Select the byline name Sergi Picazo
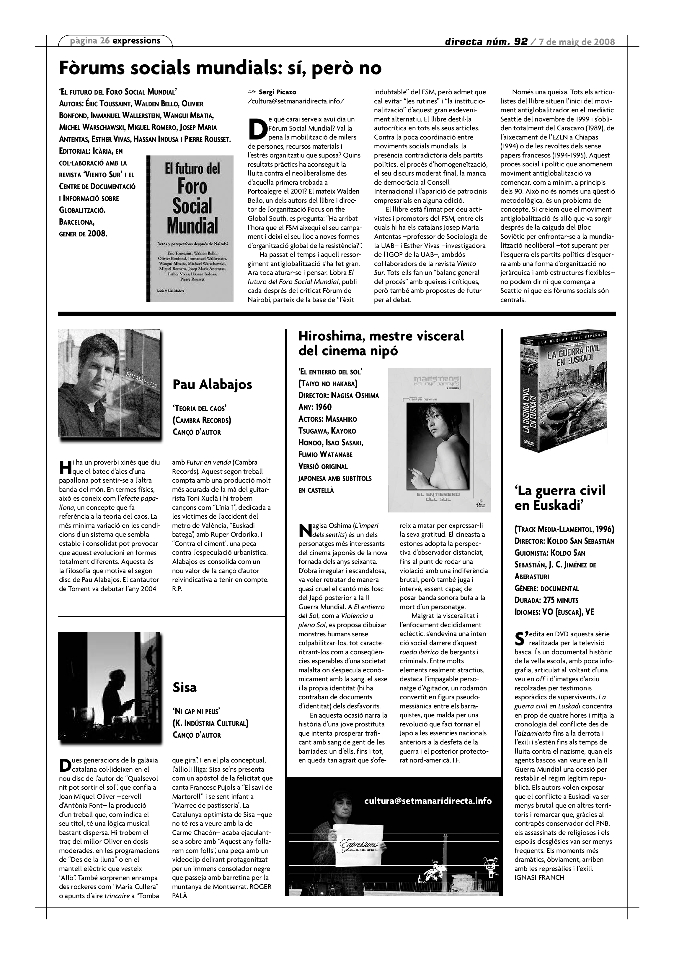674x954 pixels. tap(277, 92)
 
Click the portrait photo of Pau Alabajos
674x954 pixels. tap(109, 383)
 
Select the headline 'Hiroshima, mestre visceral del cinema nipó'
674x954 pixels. tap(381, 343)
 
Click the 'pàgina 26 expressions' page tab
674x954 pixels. tap(115, 41)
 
